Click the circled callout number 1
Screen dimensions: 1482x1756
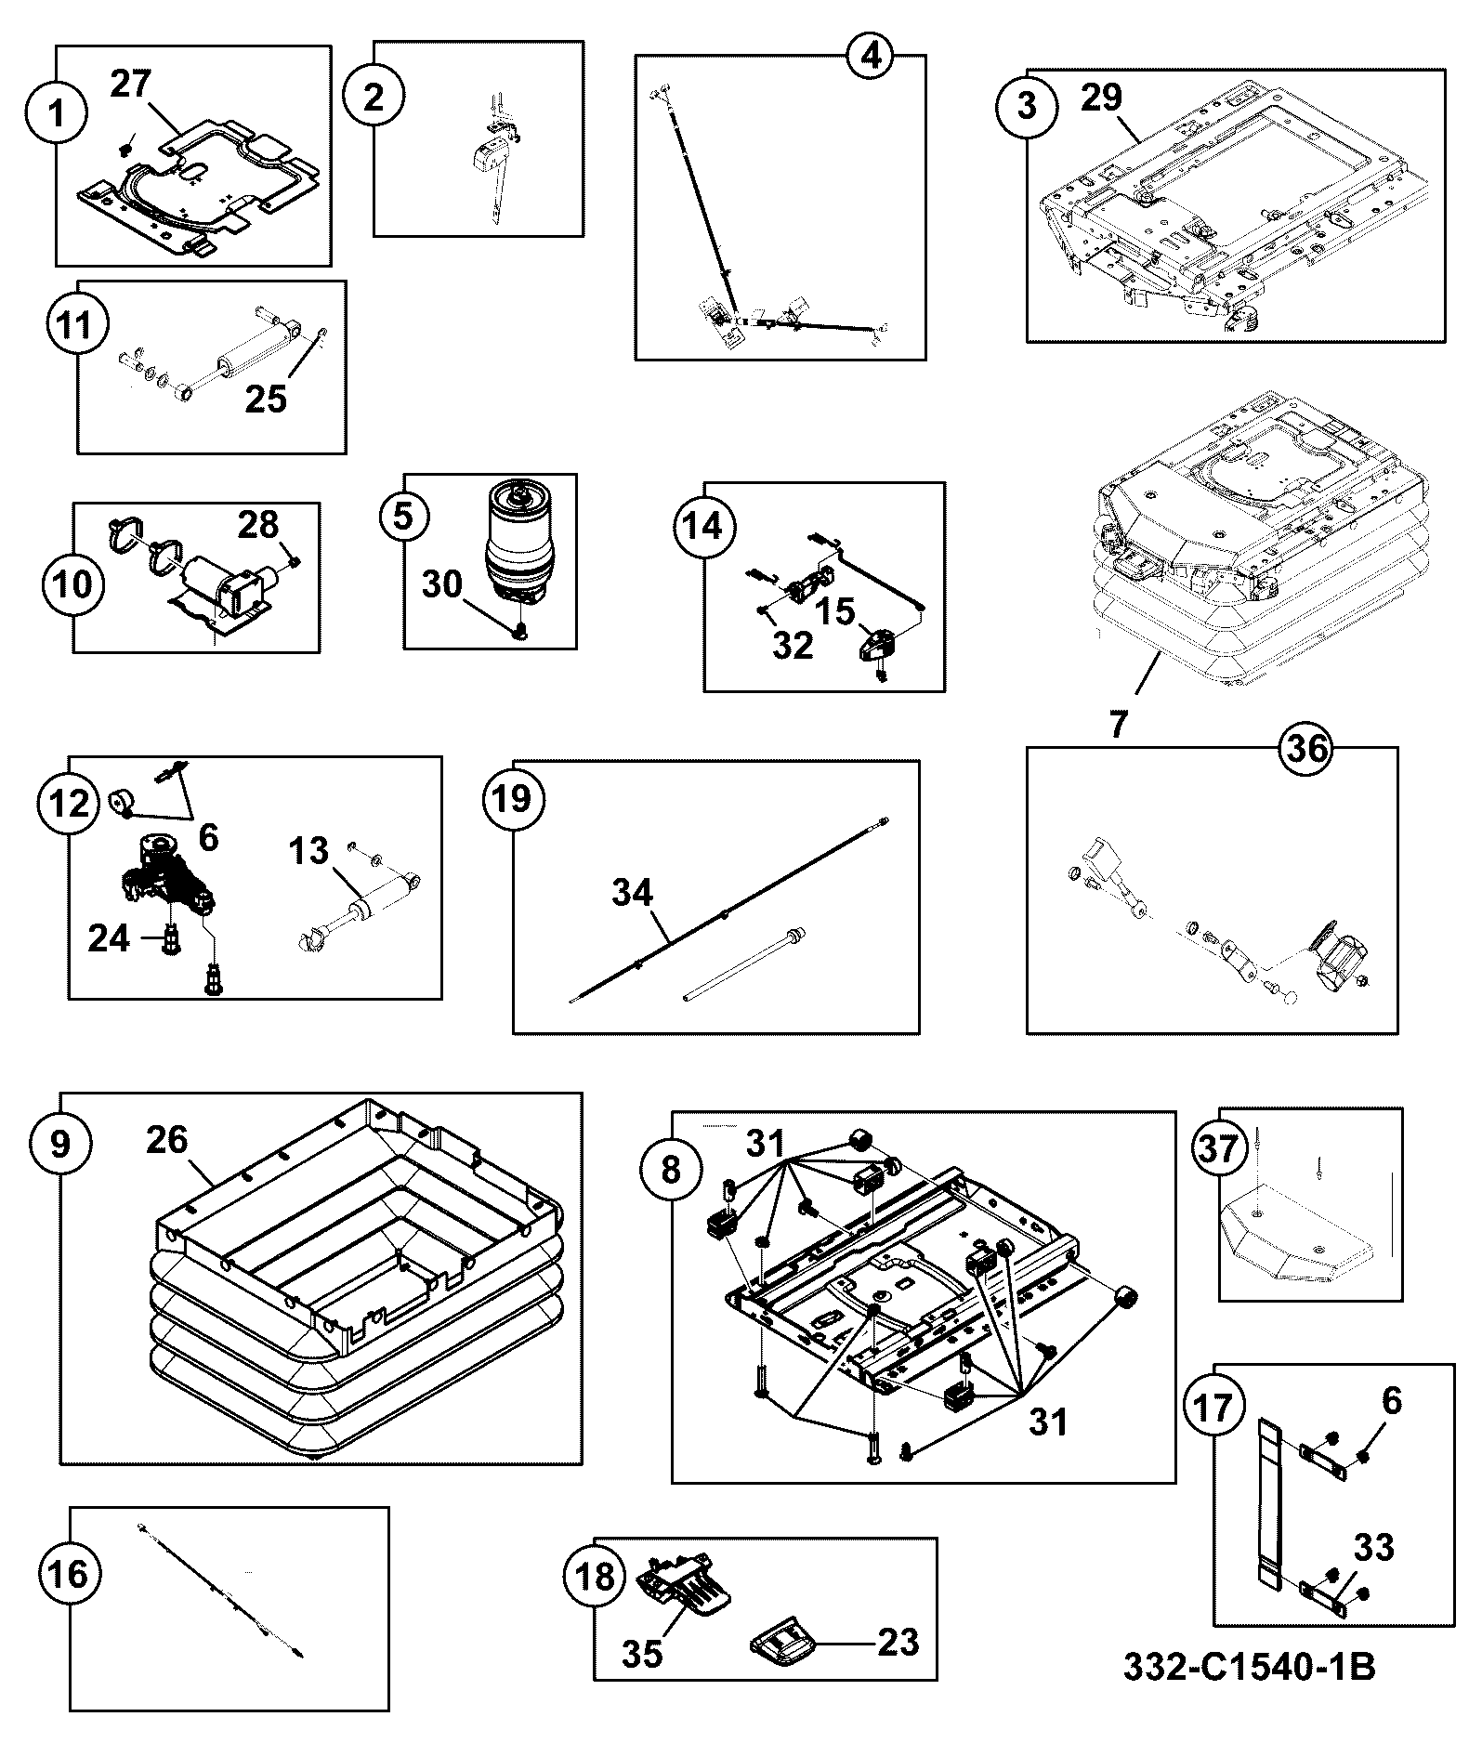(58, 114)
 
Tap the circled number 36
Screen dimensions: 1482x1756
(1305, 749)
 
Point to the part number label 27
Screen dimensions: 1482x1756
(130, 83)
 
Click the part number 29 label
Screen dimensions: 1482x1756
(1101, 98)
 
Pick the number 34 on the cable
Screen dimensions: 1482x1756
(633, 893)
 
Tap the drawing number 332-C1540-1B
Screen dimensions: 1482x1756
(1249, 1667)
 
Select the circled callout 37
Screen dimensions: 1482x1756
(1219, 1148)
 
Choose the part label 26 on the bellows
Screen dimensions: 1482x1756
(167, 1139)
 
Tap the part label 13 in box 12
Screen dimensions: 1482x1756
(308, 850)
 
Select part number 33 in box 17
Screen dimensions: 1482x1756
(1374, 1547)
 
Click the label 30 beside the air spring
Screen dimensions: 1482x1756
(442, 584)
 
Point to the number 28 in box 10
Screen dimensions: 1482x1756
(258, 525)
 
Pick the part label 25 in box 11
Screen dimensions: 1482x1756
(267, 399)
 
